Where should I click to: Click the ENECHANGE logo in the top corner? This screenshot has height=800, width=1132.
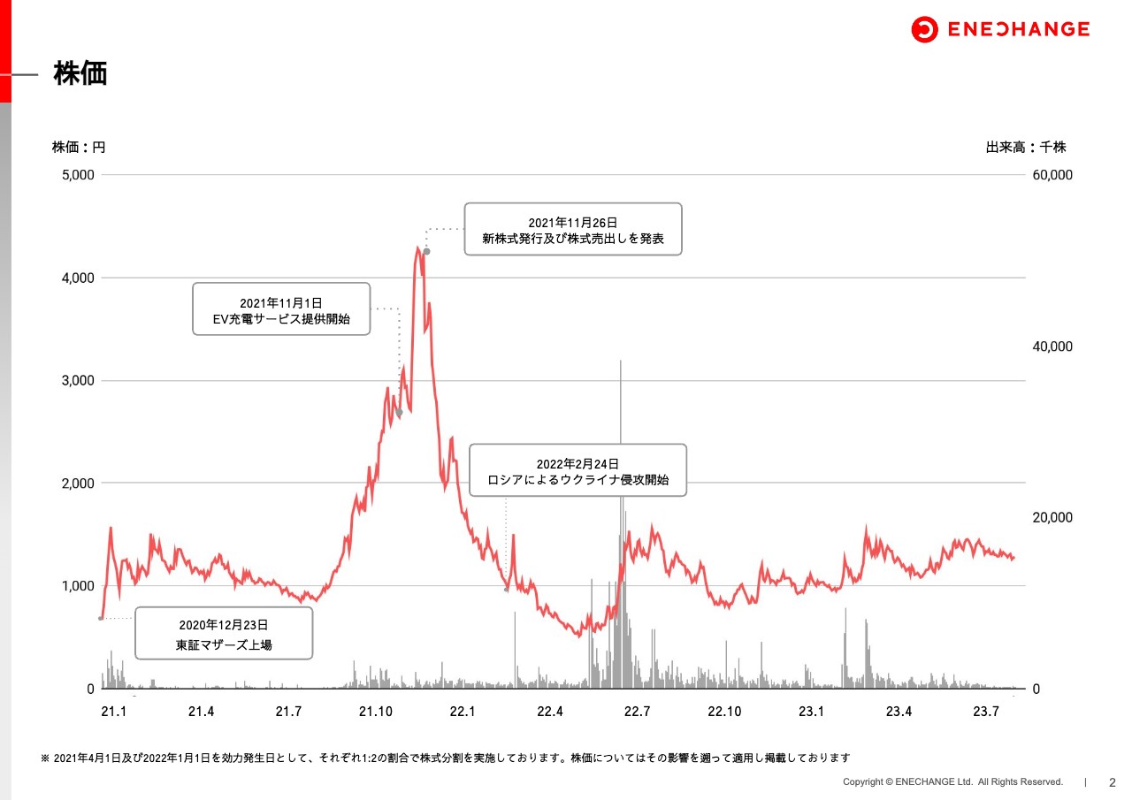1000,29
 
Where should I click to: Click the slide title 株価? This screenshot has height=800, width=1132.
80,73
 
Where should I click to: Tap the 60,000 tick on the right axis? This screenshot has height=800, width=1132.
1052,175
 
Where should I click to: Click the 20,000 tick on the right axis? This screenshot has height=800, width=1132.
1052,518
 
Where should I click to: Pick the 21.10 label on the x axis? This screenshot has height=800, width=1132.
375,712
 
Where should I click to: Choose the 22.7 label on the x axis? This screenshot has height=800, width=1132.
637,712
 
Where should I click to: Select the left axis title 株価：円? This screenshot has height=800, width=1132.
79,148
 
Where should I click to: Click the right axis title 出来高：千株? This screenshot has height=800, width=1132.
1026,148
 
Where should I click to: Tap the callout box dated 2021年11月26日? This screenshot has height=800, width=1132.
573,230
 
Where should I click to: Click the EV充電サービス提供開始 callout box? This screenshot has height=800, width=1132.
281,309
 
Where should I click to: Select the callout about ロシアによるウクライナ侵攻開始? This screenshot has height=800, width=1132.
577,471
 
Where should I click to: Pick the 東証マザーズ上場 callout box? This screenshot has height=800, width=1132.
224,634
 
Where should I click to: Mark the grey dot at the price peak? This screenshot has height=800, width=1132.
426,252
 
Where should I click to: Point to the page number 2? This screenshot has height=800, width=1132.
1113,782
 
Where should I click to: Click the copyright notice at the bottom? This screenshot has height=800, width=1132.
952,782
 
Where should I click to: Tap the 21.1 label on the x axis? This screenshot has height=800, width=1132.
114,712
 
